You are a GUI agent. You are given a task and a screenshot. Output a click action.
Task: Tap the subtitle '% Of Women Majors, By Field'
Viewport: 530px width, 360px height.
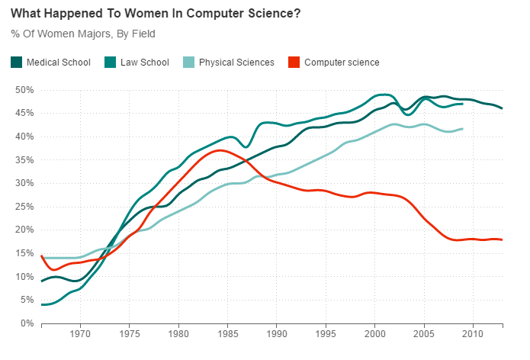(84, 34)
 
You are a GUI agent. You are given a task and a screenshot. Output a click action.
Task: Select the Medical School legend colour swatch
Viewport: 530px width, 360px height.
(17, 62)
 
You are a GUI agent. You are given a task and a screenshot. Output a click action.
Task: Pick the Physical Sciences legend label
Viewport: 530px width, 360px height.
(236, 62)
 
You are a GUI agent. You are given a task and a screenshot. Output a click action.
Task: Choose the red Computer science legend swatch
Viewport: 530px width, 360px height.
(294, 62)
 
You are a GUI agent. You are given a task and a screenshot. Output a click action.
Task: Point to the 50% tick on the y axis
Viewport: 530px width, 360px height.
(24, 90)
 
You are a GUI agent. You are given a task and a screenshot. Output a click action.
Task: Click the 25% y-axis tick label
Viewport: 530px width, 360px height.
(24, 207)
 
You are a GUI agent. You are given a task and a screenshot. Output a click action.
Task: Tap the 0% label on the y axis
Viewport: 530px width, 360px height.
(27, 323)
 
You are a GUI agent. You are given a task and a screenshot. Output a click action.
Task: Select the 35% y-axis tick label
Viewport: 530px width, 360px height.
(24, 160)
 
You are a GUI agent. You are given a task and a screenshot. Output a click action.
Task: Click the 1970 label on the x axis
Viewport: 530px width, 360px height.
(81, 334)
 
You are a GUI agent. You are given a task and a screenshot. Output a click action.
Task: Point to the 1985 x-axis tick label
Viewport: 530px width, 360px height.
(227, 334)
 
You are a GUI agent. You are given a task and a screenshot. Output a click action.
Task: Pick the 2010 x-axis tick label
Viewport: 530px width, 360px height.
(473, 334)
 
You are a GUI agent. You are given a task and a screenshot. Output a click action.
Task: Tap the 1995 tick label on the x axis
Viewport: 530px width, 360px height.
(326, 334)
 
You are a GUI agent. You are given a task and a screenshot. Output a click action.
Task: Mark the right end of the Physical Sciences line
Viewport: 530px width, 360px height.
(463, 129)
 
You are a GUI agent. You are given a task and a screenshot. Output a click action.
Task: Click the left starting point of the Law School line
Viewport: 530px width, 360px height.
(42, 304)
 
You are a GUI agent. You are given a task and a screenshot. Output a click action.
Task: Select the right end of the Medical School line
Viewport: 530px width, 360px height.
(502, 108)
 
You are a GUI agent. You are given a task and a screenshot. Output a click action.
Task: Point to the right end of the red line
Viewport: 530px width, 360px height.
(502, 239)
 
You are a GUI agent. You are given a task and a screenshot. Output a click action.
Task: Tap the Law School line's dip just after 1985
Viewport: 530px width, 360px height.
(246, 146)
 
